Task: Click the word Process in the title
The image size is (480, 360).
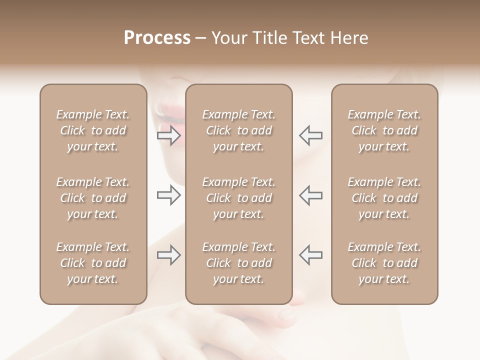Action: pyautogui.click(x=157, y=38)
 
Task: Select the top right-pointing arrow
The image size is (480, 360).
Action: pyautogui.click(x=169, y=135)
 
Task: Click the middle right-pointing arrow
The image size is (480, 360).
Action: pyautogui.click(x=169, y=195)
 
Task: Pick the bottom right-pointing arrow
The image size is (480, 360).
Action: pyautogui.click(x=169, y=255)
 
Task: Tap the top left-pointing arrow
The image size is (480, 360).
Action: pyautogui.click(x=310, y=135)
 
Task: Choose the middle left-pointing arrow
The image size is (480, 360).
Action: pyautogui.click(x=310, y=195)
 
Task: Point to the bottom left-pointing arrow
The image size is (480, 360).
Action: pyautogui.click(x=310, y=255)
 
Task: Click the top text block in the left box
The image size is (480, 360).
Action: pyautogui.click(x=93, y=130)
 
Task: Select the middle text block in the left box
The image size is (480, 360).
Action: pyautogui.click(x=93, y=198)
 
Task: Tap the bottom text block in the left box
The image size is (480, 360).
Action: pyautogui.click(x=93, y=263)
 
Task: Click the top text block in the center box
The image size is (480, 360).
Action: pyautogui.click(x=238, y=130)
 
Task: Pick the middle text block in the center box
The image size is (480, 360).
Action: pyautogui.click(x=238, y=198)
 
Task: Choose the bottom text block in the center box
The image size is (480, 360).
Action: pyautogui.click(x=238, y=263)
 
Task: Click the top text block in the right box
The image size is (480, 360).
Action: pyautogui.click(x=384, y=130)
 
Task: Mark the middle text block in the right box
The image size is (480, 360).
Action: pyautogui.click(x=384, y=198)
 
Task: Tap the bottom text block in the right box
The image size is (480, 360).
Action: pyautogui.click(x=384, y=263)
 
